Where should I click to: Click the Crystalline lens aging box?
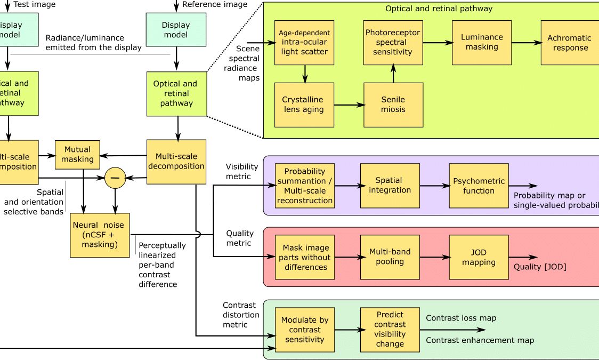point(304,105)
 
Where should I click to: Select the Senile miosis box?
point(393,105)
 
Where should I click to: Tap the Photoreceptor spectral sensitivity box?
point(393,42)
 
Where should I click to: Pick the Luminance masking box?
point(482,42)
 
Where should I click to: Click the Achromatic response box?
point(569,43)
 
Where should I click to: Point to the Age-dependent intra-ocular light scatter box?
point(304,42)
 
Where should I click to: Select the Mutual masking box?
point(77,154)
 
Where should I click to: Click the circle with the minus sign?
point(115,178)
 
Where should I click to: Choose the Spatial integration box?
point(390,185)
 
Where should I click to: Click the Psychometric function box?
point(479,186)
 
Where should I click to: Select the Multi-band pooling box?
point(390,257)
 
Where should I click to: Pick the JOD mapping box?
point(479,257)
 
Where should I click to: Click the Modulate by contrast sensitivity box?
point(305,330)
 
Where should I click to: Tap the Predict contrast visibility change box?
point(390,330)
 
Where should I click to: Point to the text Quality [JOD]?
point(539,267)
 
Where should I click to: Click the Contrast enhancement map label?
point(480,340)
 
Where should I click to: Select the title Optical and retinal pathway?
point(439,9)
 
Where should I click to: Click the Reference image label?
point(215,5)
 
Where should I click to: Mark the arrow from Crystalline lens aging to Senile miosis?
point(350,105)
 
